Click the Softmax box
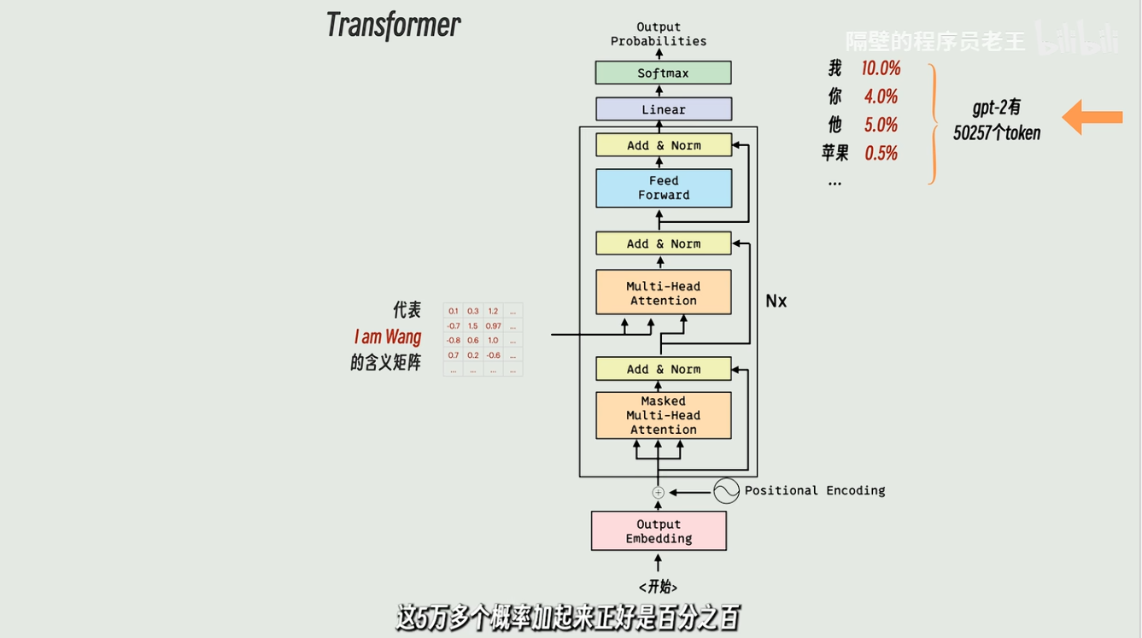(x=663, y=73)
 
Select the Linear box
(x=663, y=109)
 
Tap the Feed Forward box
(x=663, y=188)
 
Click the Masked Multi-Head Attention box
(x=663, y=415)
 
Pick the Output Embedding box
(x=659, y=531)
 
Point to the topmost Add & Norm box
(x=663, y=145)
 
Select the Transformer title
(x=393, y=25)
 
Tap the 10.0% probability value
(x=881, y=68)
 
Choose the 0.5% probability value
(x=881, y=153)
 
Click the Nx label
(x=776, y=301)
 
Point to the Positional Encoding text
(x=814, y=490)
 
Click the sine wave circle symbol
(x=726, y=490)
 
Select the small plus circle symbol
(x=658, y=492)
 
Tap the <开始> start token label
(x=658, y=587)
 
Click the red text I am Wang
(x=388, y=337)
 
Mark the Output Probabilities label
(x=659, y=34)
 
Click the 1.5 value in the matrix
(x=472, y=326)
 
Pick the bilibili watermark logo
(x=1076, y=39)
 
